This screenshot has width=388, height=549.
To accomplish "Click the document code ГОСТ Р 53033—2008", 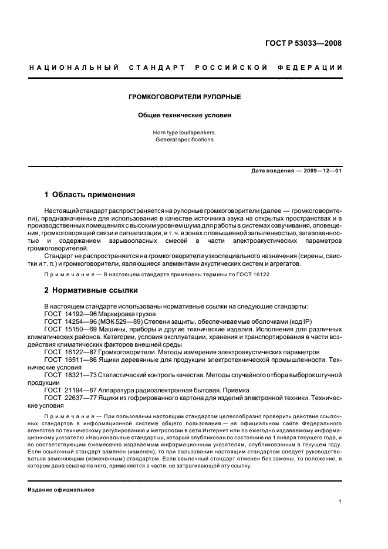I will tap(303, 43).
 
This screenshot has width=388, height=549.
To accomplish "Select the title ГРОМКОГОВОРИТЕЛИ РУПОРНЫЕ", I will tap(185, 96).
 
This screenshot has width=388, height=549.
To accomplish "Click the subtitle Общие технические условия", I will tap(185, 116).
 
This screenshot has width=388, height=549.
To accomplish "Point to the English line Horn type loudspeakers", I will tap(185, 133).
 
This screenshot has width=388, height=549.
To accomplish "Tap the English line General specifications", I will tap(185, 140).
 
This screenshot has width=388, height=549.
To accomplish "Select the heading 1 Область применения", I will tap(90, 194).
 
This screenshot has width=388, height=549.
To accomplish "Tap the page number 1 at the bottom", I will tap(340, 501).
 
